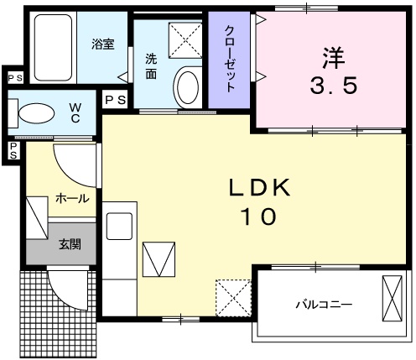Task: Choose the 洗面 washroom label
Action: pos(151,66)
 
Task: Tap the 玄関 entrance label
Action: pos(70,245)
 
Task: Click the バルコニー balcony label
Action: pos(322,304)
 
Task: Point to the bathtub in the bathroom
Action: pos(54,46)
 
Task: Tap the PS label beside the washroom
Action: pos(115,100)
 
